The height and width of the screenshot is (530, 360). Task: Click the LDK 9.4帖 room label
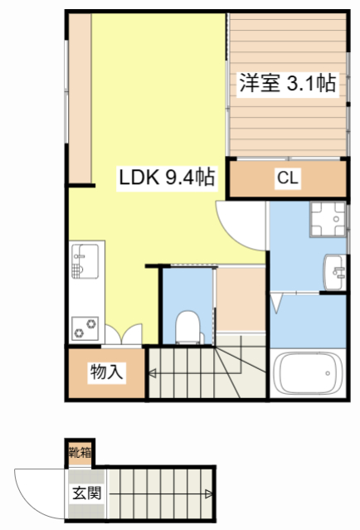pyautogui.click(x=167, y=176)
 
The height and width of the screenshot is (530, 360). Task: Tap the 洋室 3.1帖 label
pyautogui.click(x=288, y=83)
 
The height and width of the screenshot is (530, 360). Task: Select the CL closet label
pyautogui.click(x=288, y=177)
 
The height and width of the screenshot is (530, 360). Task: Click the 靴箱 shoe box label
pyautogui.click(x=80, y=453)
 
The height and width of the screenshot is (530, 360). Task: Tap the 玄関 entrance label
pyautogui.click(x=85, y=492)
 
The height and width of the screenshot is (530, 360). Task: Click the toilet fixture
pyautogui.click(x=187, y=326)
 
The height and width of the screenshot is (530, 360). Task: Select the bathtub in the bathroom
pyautogui.click(x=307, y=375)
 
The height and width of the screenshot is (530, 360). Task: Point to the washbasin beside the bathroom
pyautogui.click(x=334, y=270)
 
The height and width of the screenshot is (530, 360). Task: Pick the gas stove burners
pyautogui.click(x=84, y=327)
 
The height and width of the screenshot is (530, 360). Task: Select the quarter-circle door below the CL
pyautogui.click(x=239, y=221)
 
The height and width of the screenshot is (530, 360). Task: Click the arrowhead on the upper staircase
pyautogui.click(x=153, y=374)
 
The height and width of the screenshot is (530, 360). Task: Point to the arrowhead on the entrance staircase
pyautogui.click(x=207, y=495)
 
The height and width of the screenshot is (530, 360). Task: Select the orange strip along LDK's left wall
pyautogui.click(x=80, y=98)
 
